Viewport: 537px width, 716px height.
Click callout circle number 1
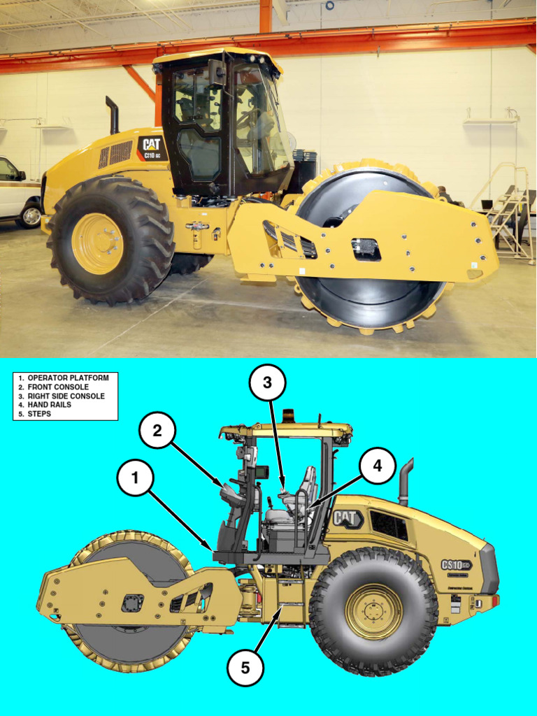coord(136,478)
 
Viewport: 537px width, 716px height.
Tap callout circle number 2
coord(157,431)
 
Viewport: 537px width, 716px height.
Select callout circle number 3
coord(268,382)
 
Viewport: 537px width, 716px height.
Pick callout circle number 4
coord(378,466)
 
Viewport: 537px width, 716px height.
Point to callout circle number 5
coord(245,668)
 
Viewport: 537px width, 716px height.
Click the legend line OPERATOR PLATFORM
coord(68,378)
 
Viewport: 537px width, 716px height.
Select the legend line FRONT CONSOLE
coord(58,387)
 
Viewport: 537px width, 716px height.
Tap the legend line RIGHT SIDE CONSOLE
coord(66,396)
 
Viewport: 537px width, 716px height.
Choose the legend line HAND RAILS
coord(49,405)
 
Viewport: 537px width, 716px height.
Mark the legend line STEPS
coord(39,414)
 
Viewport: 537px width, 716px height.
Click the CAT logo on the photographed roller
coord(152,145)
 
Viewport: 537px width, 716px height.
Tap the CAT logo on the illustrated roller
coord(347,518)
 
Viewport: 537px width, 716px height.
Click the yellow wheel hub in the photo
coord(98,243)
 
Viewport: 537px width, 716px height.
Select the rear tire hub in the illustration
coord(373,611)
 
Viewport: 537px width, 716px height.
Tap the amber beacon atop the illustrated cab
coord(288,416)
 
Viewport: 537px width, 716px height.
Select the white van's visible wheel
coord(31,215)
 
